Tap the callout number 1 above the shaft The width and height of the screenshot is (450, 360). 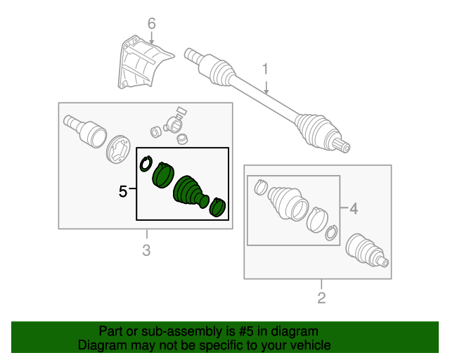click(266, 69)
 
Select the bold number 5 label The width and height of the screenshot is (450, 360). click(123, 190)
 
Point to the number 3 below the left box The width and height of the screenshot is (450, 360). click(146, 250)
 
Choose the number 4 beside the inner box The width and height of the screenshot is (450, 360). click(354, 208)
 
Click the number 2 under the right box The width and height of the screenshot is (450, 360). click(321, 298)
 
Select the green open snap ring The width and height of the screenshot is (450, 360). click(146, 164)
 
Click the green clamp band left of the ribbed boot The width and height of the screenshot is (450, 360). click(163, 175)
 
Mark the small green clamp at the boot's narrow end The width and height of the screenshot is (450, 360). click(219, 206)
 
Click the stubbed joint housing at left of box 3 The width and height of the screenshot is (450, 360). click(86, 130)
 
